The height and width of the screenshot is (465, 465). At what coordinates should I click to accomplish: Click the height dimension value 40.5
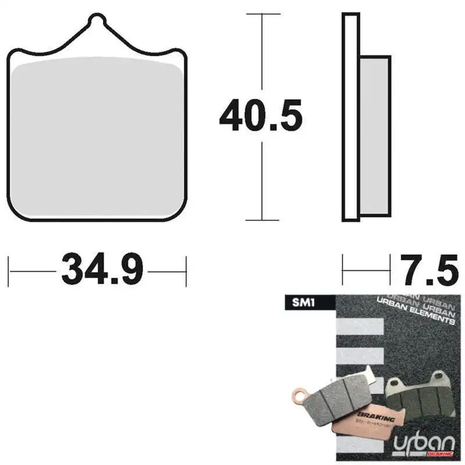pyautogui.click(x=261, y=117)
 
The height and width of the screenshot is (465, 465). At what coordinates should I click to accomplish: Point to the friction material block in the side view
pyautogui.click(x=374, y=135)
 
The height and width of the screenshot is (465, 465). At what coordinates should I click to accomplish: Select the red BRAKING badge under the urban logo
pyautogui.click(x=440, y=453)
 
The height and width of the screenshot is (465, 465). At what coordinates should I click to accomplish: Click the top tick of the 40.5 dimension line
pyautogui.click(x=262, y=13)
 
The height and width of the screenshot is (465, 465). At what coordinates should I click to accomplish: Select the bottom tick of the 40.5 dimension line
pyautogui.click(x=262, y=220)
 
